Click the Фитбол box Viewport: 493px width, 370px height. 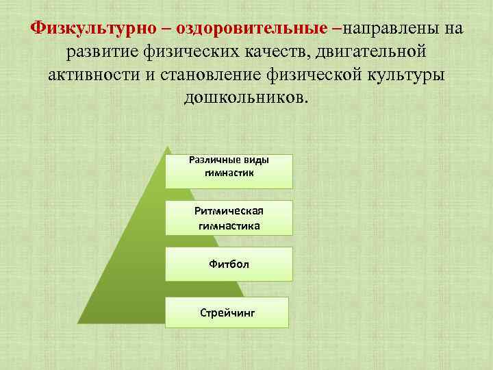pos(229,264)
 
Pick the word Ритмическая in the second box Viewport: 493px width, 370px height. pos(229,212)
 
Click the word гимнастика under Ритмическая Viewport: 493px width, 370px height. pos(229,224)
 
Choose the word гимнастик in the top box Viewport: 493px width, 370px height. pos(229,173)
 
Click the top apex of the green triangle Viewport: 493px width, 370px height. pos(166,146)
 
